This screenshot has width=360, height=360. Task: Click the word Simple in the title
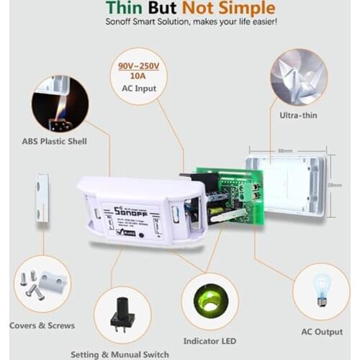(x=248, y=9)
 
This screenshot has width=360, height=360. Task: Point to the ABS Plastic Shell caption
(x=55, y=142)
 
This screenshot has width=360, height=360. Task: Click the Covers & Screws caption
(x=42, y=325)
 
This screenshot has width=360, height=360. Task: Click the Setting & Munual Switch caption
(x=120, y=354)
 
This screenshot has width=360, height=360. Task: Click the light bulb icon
(x=321, y=288)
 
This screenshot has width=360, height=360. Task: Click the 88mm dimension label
(x=286, y=151)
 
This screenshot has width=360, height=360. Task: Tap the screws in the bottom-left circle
(x=34, y=285)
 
